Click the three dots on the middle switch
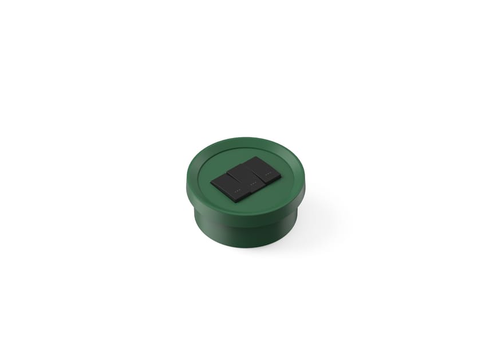(253, 183)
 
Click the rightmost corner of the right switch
(281, 175)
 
